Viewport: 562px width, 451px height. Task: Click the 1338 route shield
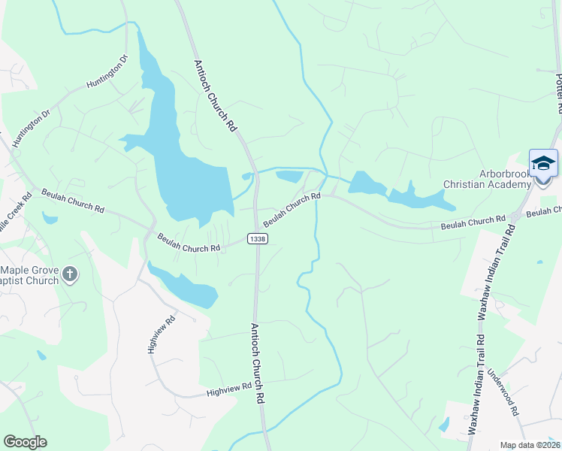(x=257, y=238)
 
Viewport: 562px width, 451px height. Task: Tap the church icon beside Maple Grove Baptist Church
(x=70, y=274)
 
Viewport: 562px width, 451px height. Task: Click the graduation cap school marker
(x=543, y=164)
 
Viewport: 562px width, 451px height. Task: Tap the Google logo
(x=25, y=442)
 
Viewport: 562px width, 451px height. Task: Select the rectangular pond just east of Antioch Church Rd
(x=289, y=177)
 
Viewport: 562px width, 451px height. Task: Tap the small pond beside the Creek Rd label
(x=50, y=219)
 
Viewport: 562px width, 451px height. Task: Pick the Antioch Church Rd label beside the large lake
(x=215, y=96)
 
